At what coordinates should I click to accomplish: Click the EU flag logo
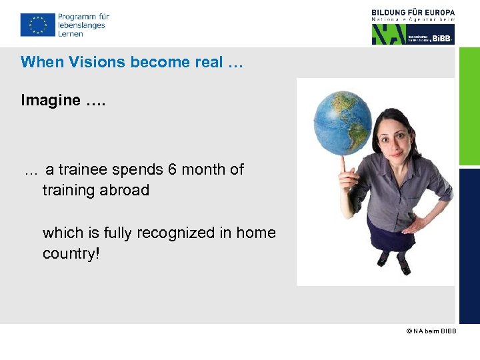pyautogui.click(x=37, y=25)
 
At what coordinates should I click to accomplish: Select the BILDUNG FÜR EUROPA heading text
pyautogui.click(x=413, y=12)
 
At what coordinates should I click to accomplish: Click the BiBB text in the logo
pyautogui.click(x=442, y=39)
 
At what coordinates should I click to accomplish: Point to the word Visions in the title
pyautogui.click(x=102, y=62)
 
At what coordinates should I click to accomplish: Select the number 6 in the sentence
pyautogui.click(x=172, y=169)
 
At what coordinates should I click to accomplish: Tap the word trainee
pyautogui.click(x=83, y=169)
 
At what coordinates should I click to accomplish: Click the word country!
pyautogui.click(x=71, y=254)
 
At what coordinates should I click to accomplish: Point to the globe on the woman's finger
pyautogui.click(x=343, y=124)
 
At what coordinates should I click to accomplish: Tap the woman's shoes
pyautogui.click(x=394, y=267)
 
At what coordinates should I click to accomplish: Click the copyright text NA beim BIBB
pyautogui.click(x=431, y=331)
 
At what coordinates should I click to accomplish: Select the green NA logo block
pyautogui.click(x=393, y=34)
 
